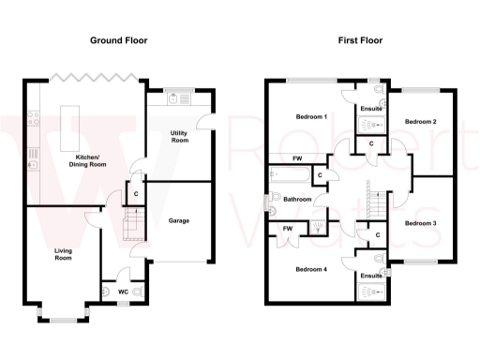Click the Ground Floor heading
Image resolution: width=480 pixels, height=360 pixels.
coord(118,40)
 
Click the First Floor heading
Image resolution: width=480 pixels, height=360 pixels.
coord(361,40)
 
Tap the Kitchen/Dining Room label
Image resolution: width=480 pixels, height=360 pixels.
coord(87,159)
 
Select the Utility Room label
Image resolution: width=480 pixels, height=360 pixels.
coord(179,137)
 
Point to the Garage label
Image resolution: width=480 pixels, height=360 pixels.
coord(180,221)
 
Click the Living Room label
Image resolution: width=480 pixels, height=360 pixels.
coord(64,253)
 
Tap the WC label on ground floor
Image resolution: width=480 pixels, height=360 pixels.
coord(122,292)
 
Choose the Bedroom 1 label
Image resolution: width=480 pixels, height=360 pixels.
coord(311,117)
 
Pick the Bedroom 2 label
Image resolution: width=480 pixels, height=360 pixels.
coord(421,122)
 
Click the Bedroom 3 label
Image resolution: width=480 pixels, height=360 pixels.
coord(421,223)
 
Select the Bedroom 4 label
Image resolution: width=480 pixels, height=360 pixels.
coord(311,270)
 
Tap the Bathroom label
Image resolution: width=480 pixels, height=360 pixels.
coord(297,199)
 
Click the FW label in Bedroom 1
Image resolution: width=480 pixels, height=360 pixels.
coord(297,158)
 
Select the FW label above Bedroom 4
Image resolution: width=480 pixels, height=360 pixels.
coord(288,229)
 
